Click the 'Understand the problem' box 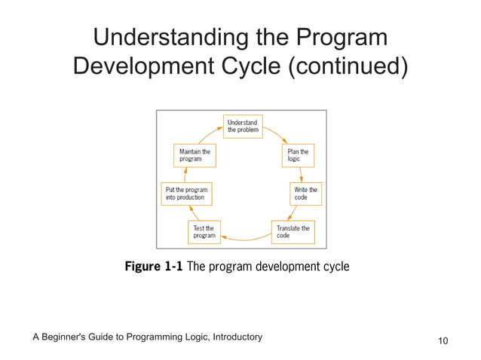(x=242, y=125)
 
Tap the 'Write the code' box (x=305, y=193)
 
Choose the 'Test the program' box (x=204, y=231)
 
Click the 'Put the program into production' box (x=186, y=193)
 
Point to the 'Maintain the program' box (x=195, y=156)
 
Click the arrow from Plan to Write (x=302, y=174)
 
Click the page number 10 (x=443, y=341)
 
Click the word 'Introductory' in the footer (x=231, y=336)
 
